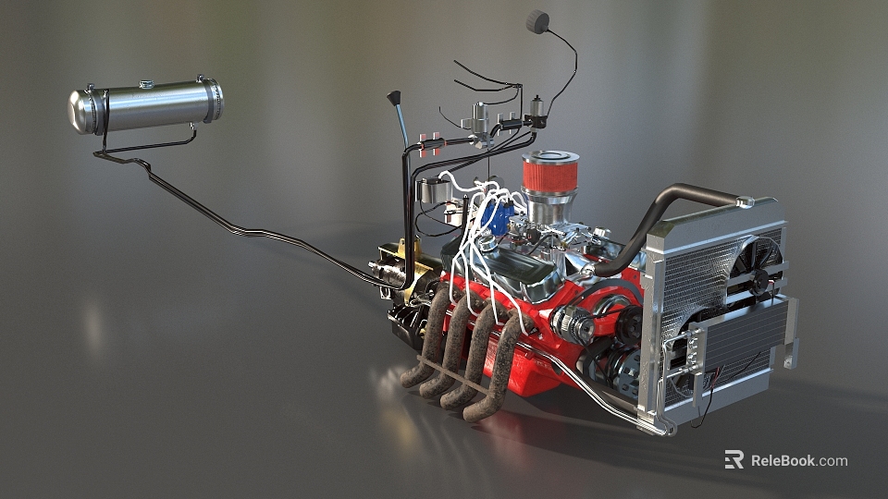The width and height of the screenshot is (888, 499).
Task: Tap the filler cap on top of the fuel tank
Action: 145,85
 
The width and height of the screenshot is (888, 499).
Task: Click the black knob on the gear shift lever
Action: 394,97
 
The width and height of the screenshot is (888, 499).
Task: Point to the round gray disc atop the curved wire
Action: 537,21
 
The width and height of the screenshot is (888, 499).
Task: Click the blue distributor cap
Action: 499,219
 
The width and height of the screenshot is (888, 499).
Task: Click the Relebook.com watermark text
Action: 798,460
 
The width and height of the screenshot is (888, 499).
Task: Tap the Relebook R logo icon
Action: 734,459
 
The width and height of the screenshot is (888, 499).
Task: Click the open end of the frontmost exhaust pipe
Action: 474,412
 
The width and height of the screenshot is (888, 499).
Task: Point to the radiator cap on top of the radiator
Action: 746,201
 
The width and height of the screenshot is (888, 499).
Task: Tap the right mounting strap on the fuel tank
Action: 212,99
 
